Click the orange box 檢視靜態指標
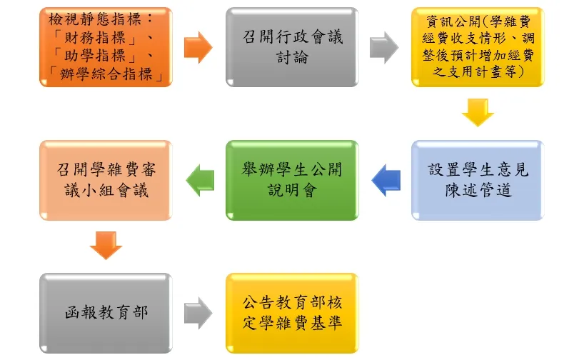[x=105, y=46]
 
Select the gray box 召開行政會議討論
[x=291, y=46]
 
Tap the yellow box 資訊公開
[x=477, y=46]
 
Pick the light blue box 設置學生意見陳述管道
[x=477, y=180]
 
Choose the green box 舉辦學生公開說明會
[x=291, y=180]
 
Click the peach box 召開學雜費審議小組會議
[x=105, y=180]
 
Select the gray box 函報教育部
[x=105, y=313]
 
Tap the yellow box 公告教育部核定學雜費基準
[x=291, y=313]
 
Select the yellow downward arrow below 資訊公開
[x=478, y=113]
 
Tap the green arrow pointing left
[x=200, y=180]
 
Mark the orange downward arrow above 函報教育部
[x=106, y=246]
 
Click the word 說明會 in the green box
[x=291, y=190]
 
